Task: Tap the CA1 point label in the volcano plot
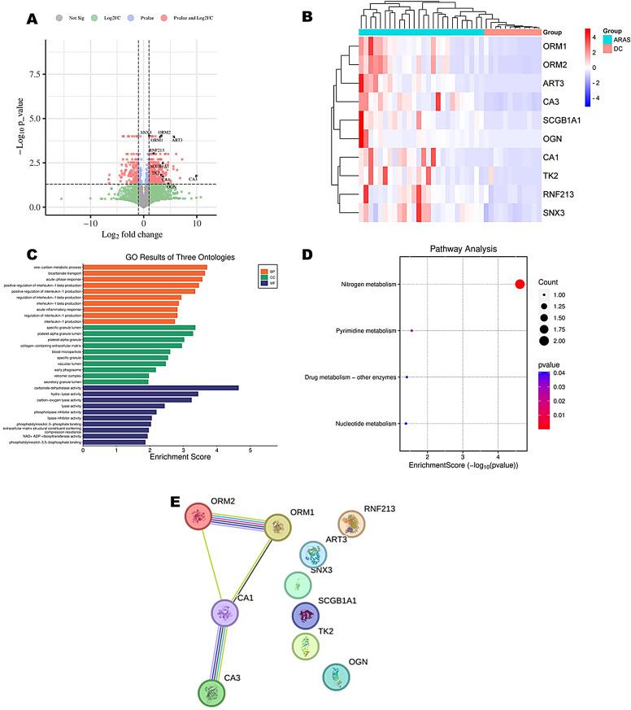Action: (193, 178)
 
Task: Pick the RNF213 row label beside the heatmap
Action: (562, 194)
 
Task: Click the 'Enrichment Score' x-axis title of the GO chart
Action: (180, 456)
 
